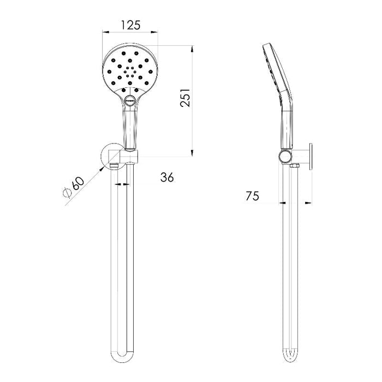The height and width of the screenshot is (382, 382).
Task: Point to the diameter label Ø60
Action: tap(73, 187)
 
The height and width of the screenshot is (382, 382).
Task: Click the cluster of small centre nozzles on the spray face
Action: tap(129, 70)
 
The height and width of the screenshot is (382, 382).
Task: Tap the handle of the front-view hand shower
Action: tap(129, 126)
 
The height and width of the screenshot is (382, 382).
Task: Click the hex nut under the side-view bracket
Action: tap(296, 165)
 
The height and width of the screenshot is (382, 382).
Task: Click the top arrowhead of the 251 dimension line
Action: tap(193, 48)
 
